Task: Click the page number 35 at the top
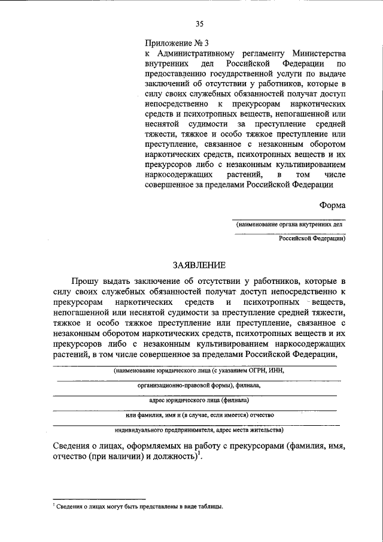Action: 199,24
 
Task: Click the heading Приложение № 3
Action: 177,43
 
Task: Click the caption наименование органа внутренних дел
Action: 290,225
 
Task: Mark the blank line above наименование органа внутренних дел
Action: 290,219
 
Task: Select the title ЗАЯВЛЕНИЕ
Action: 199,265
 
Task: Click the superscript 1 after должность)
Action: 199,454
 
